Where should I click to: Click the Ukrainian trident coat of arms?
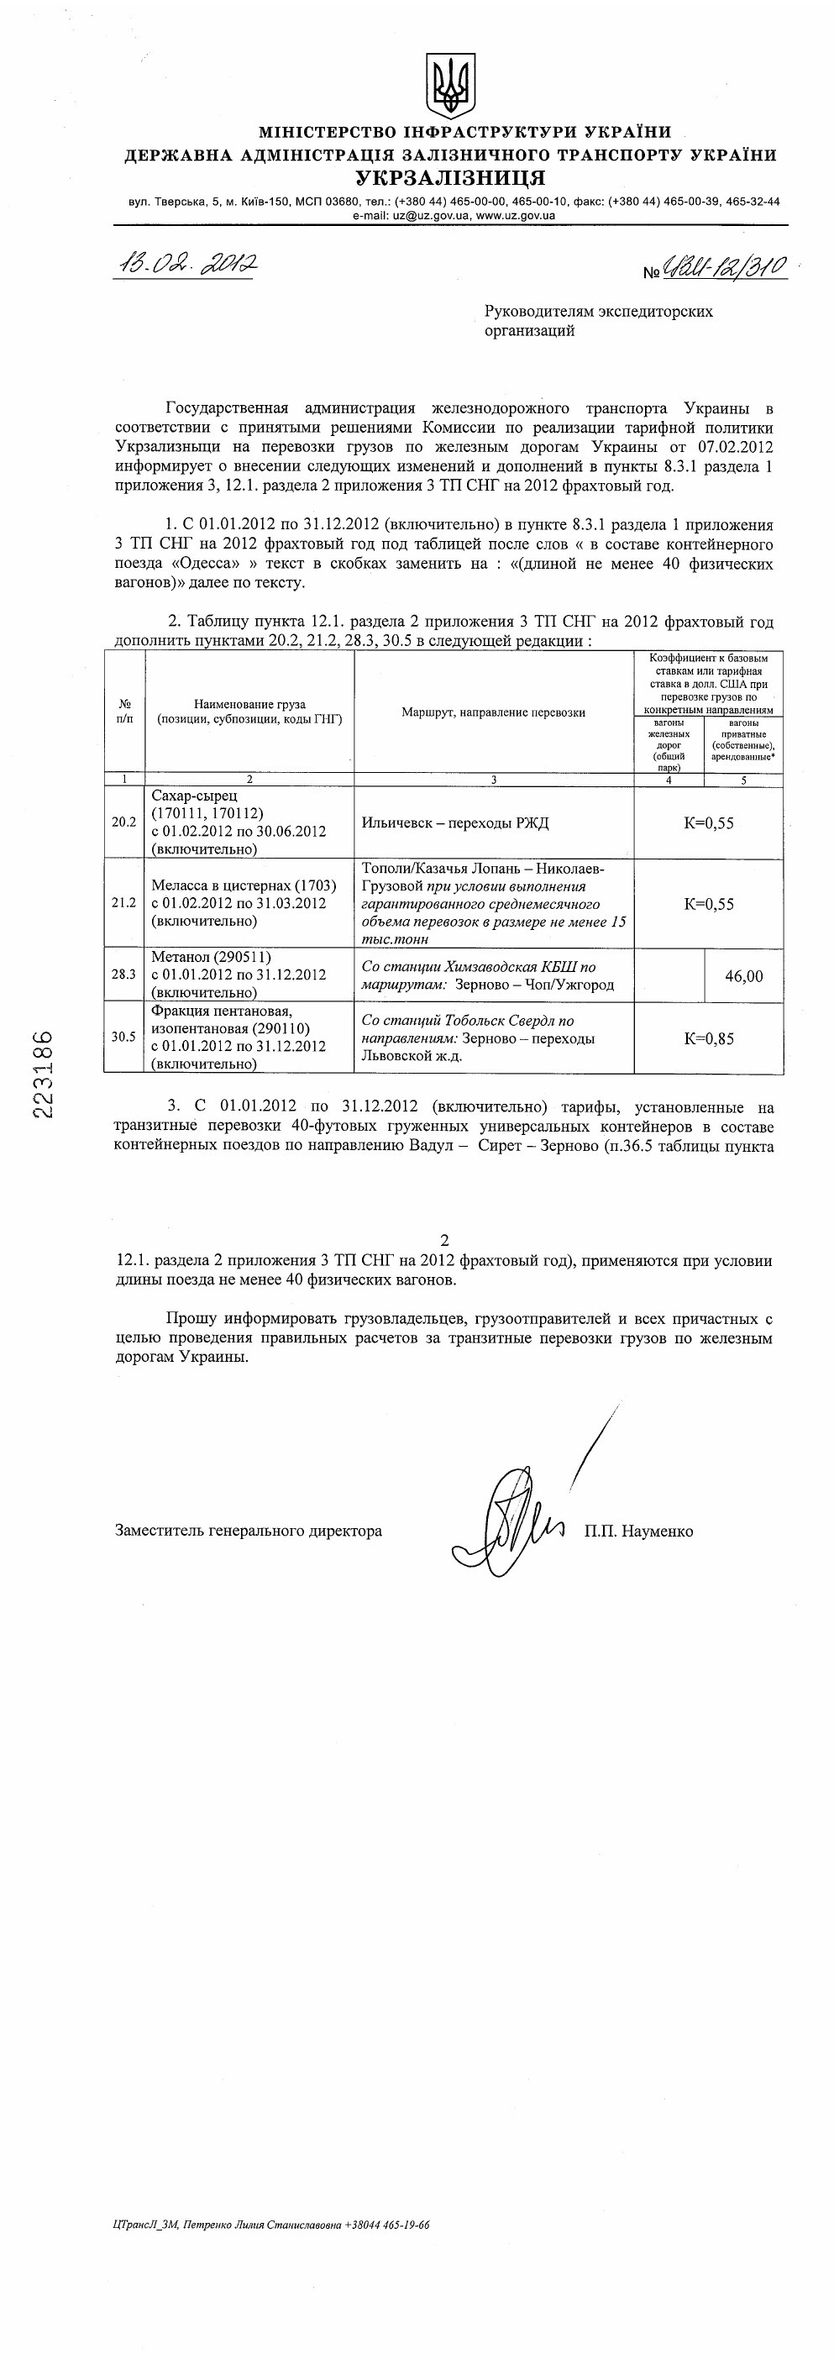(449, 85)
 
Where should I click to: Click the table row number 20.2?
(123, 822)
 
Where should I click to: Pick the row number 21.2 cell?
(123, 903)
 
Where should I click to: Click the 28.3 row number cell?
(123, 975)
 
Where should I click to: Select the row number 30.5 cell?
(123, 1038)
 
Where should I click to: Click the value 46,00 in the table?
(743, 976)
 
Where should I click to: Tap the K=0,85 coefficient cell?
(709, 1038)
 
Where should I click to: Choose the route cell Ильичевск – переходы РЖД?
(455, 822)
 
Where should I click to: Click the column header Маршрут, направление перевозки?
(494, 712)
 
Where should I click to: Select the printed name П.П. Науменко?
(639, 1530)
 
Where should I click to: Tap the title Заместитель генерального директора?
(248, 1530)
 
